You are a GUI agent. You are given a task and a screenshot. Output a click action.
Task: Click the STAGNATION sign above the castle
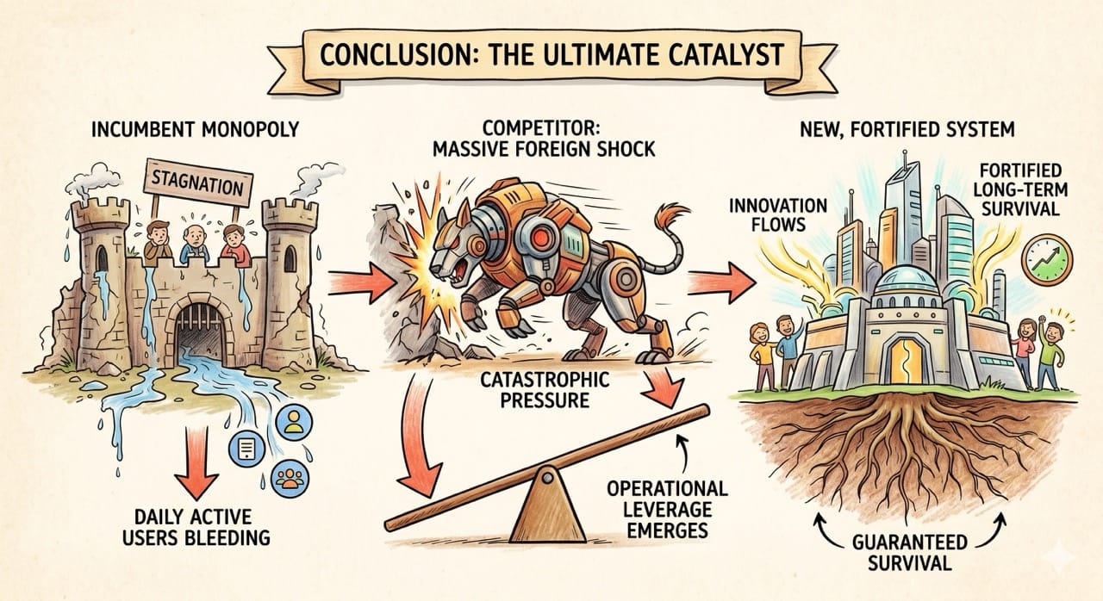coord(198,183)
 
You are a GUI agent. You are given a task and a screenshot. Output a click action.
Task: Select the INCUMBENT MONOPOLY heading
coord(196,129)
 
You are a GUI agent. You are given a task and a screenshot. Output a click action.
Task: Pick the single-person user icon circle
coord(294,422)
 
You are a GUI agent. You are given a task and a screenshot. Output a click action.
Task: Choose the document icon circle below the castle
coord(246,449)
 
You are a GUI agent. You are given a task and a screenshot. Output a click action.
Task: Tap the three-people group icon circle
coord(290,478)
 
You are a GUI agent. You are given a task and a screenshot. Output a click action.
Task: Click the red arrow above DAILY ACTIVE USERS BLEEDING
coord(196,462)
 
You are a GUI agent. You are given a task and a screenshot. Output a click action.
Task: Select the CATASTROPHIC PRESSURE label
coord(545,389)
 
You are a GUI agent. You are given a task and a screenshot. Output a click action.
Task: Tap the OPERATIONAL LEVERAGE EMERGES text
coord(667,510)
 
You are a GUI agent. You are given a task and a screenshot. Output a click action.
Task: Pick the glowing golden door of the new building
coord(907,361)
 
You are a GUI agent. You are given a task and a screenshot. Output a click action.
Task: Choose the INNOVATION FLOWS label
coord(778,215)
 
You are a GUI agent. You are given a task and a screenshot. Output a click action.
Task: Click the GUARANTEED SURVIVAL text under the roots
coord(909,552)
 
